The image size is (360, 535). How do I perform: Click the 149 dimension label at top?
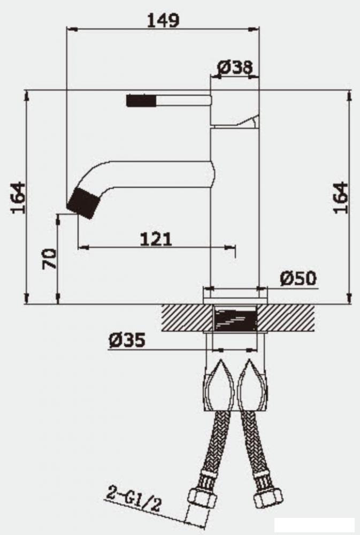click(163, 20)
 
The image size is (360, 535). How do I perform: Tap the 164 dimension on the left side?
click(18, 197)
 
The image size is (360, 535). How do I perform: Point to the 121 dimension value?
click(156, 238)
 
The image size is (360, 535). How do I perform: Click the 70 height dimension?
click(49, 259)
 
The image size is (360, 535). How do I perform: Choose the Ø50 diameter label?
click(298, 278)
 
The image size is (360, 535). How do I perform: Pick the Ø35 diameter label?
click(127, 340)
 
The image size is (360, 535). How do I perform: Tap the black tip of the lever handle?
click(141, 100)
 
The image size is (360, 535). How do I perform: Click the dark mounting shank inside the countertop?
click(235, 319)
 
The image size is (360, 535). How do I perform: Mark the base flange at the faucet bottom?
click(235, 292)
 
